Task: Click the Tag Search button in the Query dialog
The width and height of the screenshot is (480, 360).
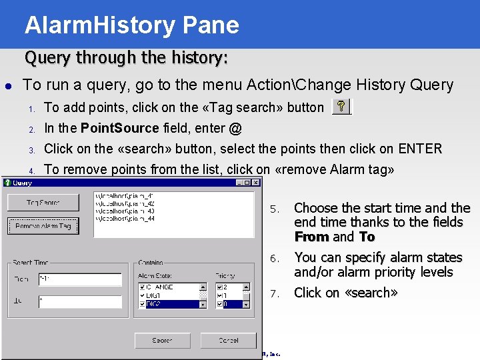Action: click(x=43, y=203)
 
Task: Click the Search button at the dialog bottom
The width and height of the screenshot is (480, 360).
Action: click(x=162, y=340)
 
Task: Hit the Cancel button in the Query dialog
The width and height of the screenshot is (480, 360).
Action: click(x=228, y=340)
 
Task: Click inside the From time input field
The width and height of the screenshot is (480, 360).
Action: click(x=79, y=279)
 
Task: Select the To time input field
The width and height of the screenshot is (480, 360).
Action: click(x=79, y=301)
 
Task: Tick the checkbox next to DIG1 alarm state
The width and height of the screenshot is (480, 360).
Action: click(x=142, y=295)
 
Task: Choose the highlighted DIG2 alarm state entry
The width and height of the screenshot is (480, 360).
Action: click(x=173, y=304)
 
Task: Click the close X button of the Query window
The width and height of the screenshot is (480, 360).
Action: click(x=257, y=183)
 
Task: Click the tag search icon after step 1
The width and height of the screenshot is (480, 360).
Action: click(x=341, y=107)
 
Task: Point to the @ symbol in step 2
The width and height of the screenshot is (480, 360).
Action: click(x=235, y=128)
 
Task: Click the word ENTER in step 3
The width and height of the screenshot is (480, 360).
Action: click(x=421, y=149)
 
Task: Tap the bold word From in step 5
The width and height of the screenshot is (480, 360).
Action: click(x=311, y=237)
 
